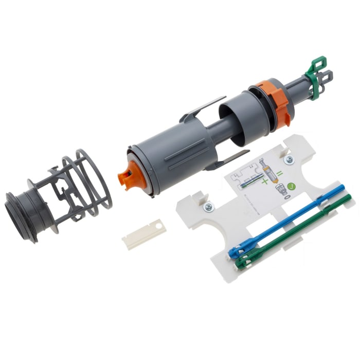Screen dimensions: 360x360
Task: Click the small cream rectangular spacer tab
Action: click(x=145, y=235)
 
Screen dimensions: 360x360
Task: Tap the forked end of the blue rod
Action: click(x=235, y=252)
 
